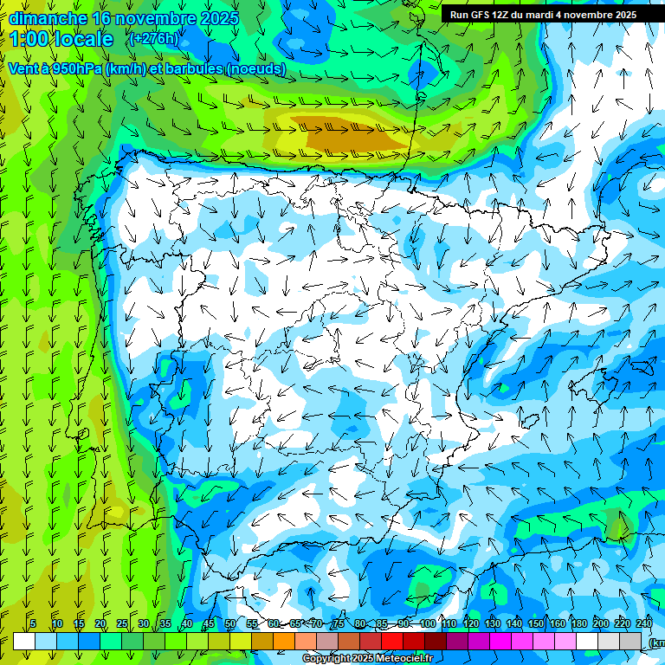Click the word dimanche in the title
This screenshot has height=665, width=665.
click(48, 18)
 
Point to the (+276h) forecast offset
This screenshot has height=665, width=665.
click(154, 38)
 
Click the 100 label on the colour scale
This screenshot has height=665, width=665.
click(427, 623)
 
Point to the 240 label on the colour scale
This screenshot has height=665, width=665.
click(643, 623)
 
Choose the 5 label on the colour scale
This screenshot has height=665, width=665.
click(33, 623)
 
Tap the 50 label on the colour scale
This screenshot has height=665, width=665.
click(230, 623)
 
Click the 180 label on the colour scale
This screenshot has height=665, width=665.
click(578, 623)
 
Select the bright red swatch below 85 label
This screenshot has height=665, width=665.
click(392, 641)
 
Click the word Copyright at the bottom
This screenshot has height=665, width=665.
click(327, 659)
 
